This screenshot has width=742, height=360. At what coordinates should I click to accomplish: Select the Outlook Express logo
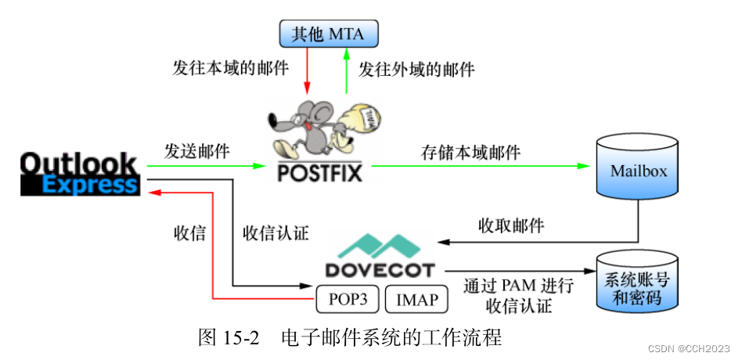[78, 173]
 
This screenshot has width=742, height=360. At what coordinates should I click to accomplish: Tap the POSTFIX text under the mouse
[321, 171]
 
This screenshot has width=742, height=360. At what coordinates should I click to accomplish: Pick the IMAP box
[416, 299]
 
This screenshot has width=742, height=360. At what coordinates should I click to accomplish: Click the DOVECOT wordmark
[379, 270]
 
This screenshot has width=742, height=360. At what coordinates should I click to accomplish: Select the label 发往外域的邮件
[416, 69]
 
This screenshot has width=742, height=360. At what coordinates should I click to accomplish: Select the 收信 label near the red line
[189, 232]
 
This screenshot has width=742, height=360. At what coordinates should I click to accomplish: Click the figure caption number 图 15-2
[229, 338]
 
